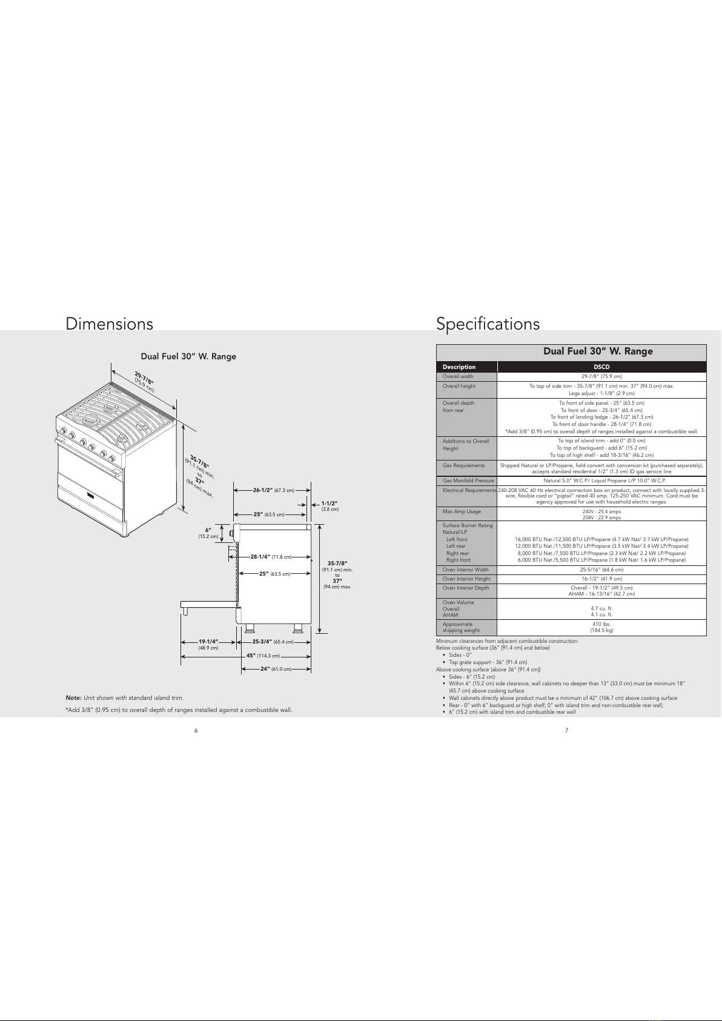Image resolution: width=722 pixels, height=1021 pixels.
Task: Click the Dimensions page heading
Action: click(109, 324)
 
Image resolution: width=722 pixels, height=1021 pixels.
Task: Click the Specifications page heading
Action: click(488, 324)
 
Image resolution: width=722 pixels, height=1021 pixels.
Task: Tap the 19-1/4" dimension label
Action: click(208, 641)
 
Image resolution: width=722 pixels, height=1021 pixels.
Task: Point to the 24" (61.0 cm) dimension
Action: click(276, 669)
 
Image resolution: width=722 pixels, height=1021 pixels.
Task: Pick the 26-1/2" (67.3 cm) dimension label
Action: click(273, 490)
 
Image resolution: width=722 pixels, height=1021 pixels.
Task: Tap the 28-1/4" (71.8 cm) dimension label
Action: click(271, 556)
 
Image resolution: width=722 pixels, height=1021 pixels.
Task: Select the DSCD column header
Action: click(601, 367)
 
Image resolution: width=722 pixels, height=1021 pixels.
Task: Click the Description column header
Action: click(459, 367)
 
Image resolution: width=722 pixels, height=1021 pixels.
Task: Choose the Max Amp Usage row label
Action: click(462, 512)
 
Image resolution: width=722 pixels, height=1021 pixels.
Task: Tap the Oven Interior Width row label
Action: click(465, 570)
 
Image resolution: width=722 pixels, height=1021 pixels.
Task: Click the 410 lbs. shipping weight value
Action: click(601, 624)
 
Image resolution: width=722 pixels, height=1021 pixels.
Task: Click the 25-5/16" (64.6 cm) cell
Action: click(601, 570)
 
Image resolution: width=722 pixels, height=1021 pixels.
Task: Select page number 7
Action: click(566, 730)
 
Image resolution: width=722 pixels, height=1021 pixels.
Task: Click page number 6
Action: click(196, 730)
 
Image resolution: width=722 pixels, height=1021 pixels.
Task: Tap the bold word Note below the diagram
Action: click(73, 698)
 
